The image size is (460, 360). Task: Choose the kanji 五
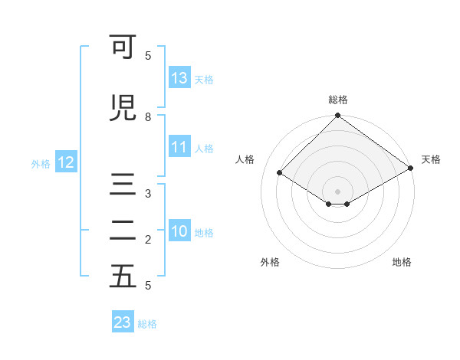[x=123, y=277]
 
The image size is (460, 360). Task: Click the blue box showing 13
[x=179, y=77]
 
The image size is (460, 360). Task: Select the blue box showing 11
[x=179, y=147]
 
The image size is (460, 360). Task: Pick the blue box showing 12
[x=65, y=162]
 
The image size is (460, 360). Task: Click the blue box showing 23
[x=122, y=322]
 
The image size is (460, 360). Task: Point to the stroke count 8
[x=148, y=117]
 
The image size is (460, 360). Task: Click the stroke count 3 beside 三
[x=148, y=194]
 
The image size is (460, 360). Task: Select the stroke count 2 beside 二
[x=148, y=240]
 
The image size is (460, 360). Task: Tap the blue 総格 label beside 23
[x=147, y=324]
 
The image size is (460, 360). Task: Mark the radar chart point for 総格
[x=337, y=116]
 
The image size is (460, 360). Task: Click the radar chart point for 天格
[x=411, y=169]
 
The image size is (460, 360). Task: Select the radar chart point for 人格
[x=280, y=173]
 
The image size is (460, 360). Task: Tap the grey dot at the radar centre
[x=337, y=190]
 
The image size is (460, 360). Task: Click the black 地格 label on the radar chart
[x=402, y=262]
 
